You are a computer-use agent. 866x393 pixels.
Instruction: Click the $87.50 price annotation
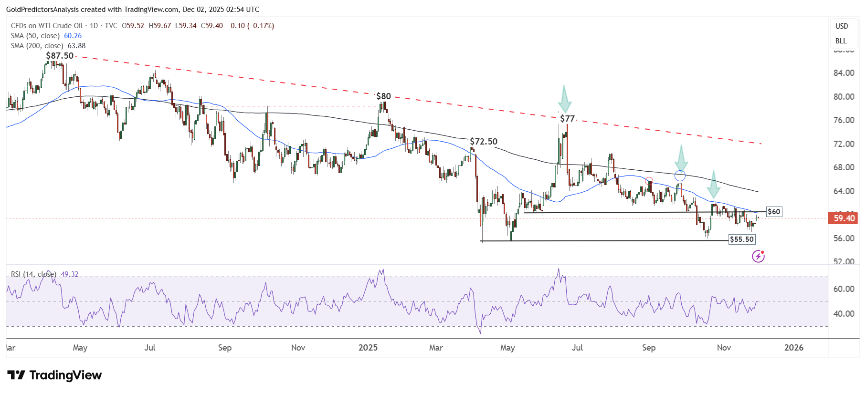point(60,56)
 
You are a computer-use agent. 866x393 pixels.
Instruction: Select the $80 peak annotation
point(383,96)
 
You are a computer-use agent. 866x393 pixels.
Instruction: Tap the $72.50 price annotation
point(483,142)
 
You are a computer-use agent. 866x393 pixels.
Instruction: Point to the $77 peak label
point(567,119)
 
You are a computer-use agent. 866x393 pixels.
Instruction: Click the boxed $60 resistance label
point(774,212)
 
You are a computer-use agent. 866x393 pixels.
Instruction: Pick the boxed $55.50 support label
point(742,239)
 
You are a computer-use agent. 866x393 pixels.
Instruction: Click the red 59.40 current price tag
point(844,218)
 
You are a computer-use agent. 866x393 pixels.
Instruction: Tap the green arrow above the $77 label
point(564,99)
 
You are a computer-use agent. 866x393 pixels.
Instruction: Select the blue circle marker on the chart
point(680,176)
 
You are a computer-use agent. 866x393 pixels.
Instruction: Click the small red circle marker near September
point(649,181)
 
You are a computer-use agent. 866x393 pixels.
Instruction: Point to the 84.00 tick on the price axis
point(844,73)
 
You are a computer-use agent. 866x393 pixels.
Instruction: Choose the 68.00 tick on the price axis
point(844,167)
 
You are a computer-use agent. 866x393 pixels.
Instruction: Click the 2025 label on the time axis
point(368,348)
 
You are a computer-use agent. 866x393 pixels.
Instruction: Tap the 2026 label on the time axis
point(793,348)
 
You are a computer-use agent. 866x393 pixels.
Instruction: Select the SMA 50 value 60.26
point(73,36)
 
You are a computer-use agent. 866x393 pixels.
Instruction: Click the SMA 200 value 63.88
point(76,46)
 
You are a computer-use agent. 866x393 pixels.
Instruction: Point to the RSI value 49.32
point(69,274)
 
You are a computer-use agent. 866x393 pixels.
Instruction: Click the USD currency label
point(841,26)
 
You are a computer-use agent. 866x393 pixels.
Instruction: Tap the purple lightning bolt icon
point(758,257)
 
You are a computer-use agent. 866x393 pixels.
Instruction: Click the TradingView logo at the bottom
point(54,375)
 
